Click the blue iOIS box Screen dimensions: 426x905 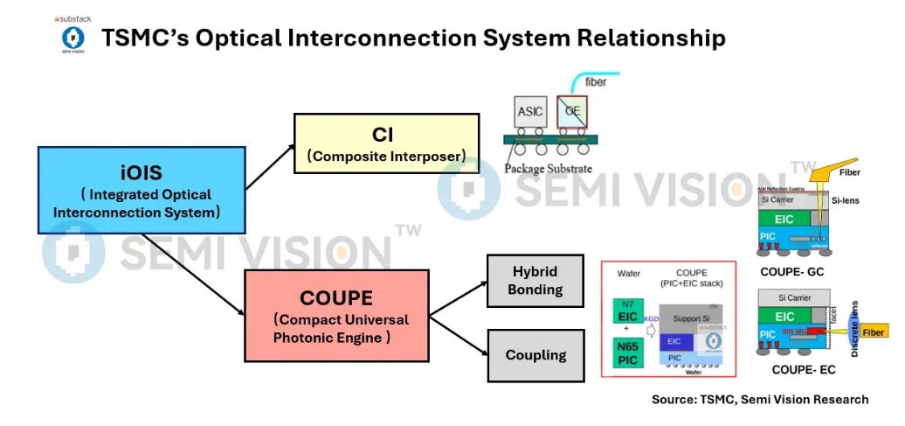click(140, 190)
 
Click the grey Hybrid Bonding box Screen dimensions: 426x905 click(535, 281)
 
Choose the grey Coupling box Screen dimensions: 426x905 click(535, 355)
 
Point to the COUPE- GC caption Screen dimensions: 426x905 click(791, 271)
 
